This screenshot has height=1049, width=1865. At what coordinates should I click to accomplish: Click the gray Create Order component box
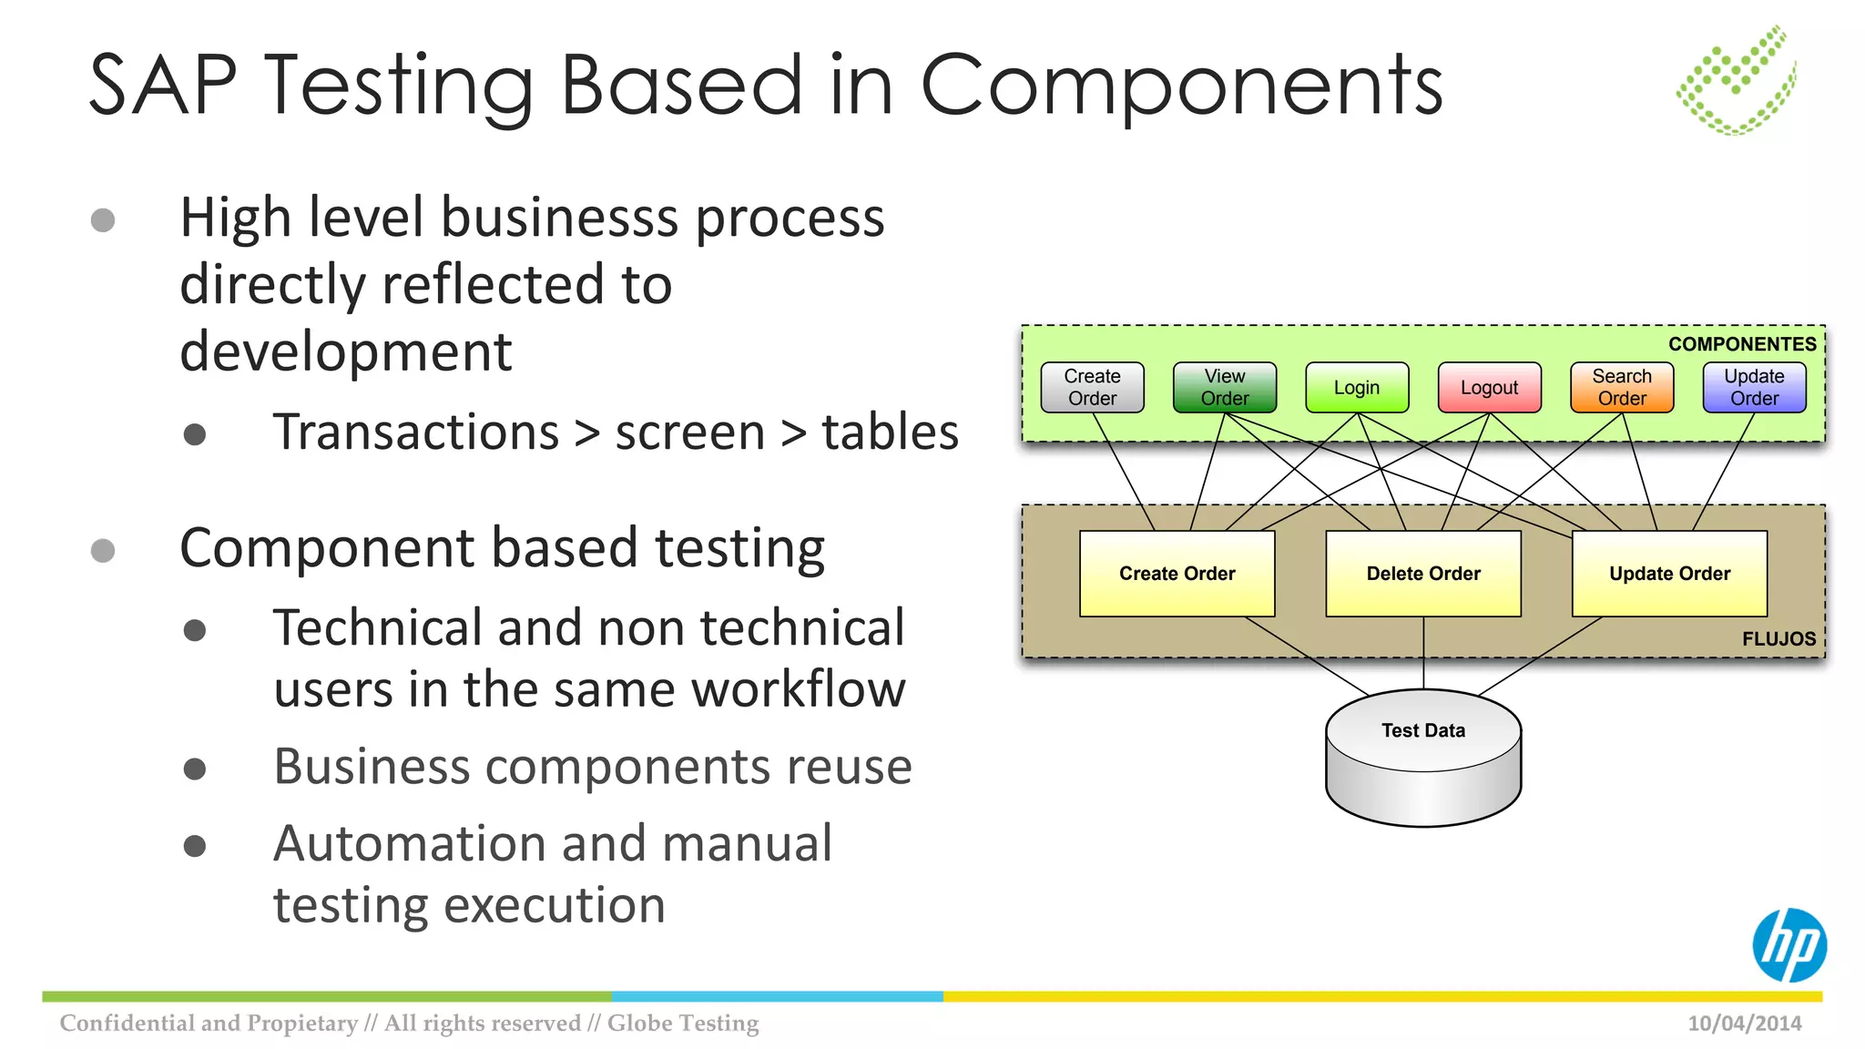click(x=1092, y=388)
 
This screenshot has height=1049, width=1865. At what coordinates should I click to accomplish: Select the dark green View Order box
click(x=1224, y=388)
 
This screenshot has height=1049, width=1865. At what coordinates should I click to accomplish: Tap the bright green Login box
click(x=1357, y=388)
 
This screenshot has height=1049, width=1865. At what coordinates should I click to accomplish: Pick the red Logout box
click(x=1489, y=388)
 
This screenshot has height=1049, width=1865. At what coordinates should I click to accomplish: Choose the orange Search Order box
click(x=1621, y=388)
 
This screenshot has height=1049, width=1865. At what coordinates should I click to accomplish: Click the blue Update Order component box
click(x=1754, y=388)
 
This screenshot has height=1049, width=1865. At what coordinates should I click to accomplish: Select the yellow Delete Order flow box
click(x=1423, y=574)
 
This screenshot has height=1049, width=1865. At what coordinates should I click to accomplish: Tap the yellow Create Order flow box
click(x=1177, y=574)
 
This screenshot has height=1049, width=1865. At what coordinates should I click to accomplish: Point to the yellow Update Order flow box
click(x=1669, y=574)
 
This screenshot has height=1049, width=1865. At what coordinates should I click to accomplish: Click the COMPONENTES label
click(x=1741, y=344)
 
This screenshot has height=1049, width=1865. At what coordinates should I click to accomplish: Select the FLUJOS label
click(x=1778, y=639)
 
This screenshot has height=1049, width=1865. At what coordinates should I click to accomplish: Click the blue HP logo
click(x=1789, y=945)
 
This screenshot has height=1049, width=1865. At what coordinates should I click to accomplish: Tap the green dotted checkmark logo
click(x=1737, y=82)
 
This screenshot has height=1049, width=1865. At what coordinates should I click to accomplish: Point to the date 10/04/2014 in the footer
click(x=1744, y=1024)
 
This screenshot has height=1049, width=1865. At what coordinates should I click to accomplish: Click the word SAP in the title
click(x=164, y=86)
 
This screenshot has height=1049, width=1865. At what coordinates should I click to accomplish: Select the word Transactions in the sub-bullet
click(x=416, y=433)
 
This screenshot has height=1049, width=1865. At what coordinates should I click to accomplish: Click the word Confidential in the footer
click(x=127, y=1024)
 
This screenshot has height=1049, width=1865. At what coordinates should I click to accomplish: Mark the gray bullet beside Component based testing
click(x=103, y=550)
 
